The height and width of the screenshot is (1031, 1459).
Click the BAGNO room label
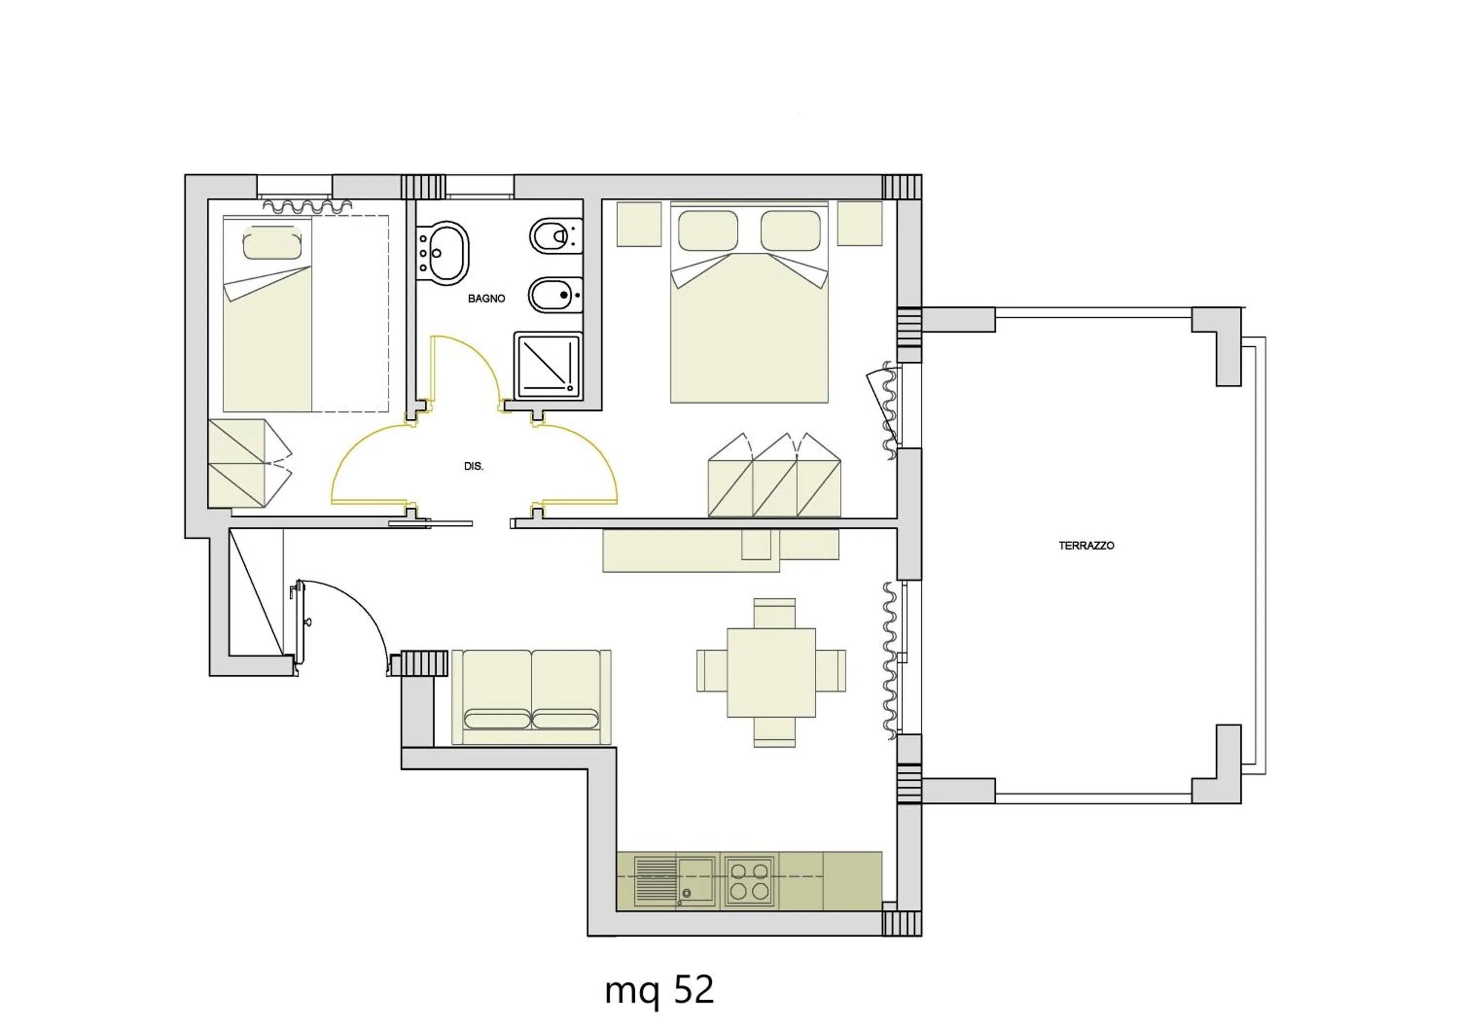click(486, 299)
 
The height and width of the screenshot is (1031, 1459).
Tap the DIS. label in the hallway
click(473, 466)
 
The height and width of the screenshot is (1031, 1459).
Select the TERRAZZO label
click(1086, 546)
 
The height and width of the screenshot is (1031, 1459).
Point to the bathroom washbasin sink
click(447, 252)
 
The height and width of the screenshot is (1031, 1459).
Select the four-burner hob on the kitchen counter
click(749, 880)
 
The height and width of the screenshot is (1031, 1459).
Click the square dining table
click(771, 673)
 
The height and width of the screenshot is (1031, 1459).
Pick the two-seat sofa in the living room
click(531, 697)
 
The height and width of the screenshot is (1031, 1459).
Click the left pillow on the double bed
click(708, 231)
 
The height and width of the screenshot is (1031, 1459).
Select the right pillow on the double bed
click(790, 231)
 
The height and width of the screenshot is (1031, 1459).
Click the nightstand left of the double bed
click(639, 224)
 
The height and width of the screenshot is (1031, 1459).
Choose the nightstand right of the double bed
click(859, 224)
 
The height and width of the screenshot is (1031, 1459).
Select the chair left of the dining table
click(711, 670)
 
